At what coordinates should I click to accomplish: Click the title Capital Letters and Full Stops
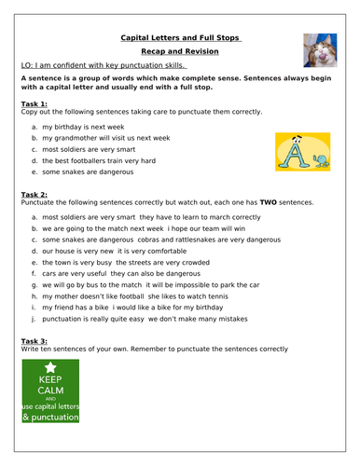coord(180,38)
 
